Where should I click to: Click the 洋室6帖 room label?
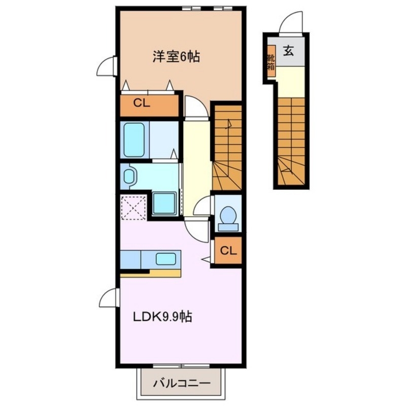(x=176, y=57)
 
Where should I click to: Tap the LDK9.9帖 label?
(x=162, y=317)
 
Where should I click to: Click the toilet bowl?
(x=228, y=215)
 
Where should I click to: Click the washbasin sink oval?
(x=129, y=177)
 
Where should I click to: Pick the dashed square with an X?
(x=134, y=207)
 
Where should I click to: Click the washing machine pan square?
(x=164, y=202)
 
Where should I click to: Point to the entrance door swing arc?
(x=292, y=23)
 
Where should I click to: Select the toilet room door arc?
(x=204, y=206)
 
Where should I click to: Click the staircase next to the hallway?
(x=227, y=147)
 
